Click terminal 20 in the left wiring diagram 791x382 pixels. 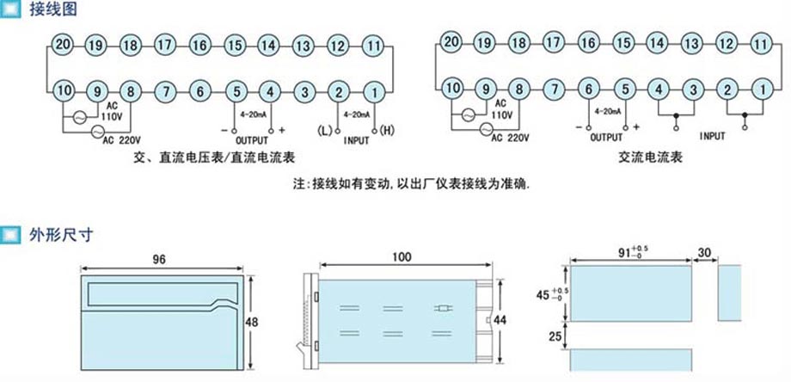tap(60, 45)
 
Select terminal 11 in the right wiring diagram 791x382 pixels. tap(760, 42)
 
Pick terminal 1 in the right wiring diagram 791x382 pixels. tap(760, 87)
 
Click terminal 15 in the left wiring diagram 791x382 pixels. tap(234, 45)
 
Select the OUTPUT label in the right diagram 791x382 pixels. tap(607, 136)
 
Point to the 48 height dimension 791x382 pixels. tap(252, 321)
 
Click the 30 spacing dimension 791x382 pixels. tap(705, 252)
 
